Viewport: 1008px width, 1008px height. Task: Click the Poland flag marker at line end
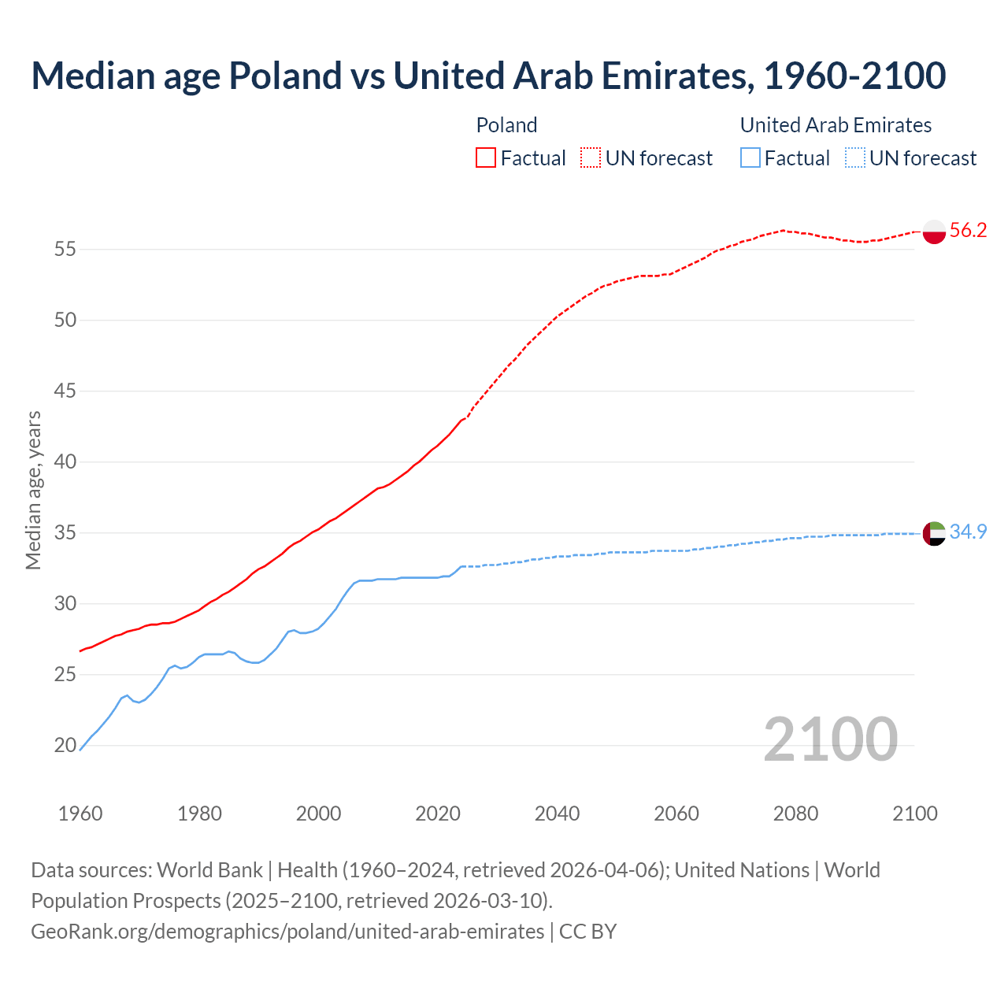pyautogui.click(x=934, y=232)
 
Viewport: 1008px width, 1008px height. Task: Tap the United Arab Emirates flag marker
pyautogui.click(x=934, y=533)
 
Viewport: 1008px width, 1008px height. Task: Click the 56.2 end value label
pyautogui.click(x=968, y=230)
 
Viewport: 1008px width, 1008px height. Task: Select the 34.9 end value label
pyautogui.click(x=968, y=532)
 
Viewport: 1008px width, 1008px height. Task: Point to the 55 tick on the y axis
pyautogui.click(x=65, y=250)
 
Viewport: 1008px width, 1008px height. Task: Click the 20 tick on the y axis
pyautogui.click(x=65, y=746)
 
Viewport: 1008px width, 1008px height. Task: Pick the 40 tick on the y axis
pyautogui.click(x=65, y=462)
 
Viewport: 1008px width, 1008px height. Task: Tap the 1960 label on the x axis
pyautogui.click(x=80, y=813)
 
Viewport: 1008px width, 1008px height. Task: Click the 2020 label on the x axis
pyautogui.click(x=438, y=813)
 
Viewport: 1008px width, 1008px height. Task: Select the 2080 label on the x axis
pyautogui.click(x=795, y=813)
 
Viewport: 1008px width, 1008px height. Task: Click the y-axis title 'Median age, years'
pyautogui.click(x=33, y=490)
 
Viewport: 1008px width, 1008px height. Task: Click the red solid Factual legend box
pyautogui.click(x=486, y=158)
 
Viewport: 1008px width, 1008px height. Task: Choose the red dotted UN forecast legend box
pyautogui.click(x=591, y=158)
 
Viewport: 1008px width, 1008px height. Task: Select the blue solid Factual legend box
pyautogui.click(x=750, y=158)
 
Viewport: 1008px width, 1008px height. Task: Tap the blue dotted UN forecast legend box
pyautogui.click(x=855, y=158)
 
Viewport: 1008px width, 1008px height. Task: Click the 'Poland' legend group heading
pyautogui.click(x=506, y=125)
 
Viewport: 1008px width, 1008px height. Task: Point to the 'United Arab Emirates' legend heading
pyautogui.click(x=836, y=125)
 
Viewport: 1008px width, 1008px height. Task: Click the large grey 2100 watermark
pyautogui.click(x=830, y=739)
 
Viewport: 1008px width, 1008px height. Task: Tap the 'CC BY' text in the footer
pyautogui.click(x=587, y=932)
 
